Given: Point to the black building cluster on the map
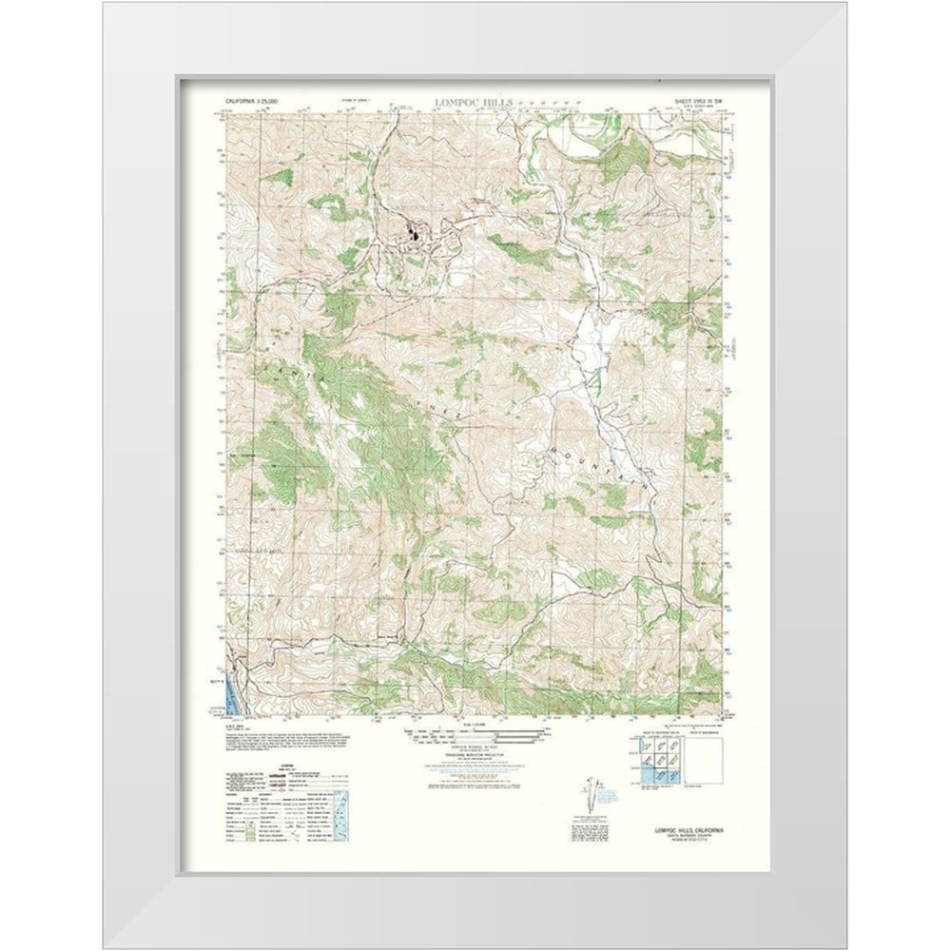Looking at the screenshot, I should [415, 231].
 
